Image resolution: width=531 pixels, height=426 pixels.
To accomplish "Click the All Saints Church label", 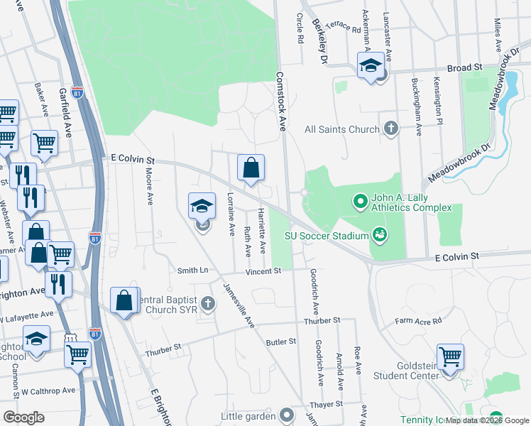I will click(342, 129).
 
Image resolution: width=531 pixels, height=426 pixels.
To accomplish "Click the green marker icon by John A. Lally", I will click(361, 202).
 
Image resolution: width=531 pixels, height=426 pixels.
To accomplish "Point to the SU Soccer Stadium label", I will click(325, 236).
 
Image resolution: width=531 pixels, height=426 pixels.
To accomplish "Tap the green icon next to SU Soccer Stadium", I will click(379, 235).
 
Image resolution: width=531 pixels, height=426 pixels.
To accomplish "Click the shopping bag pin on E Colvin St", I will click(251, 168).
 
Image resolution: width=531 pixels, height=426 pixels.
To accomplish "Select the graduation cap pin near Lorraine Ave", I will click(202, 207).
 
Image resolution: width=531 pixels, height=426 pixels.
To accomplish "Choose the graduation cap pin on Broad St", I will click(370, 65).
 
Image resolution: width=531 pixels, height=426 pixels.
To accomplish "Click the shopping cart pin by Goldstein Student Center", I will click(450, 356).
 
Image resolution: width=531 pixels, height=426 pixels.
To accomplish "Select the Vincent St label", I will click(263, 271).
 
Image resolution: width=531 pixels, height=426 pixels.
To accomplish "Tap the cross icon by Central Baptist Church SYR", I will click(209, 305).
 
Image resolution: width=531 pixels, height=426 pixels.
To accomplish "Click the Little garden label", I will click(248, 415).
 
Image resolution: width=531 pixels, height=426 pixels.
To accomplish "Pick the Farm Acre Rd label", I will click(419, 320).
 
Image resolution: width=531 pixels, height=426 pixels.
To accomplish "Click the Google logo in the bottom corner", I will click(23, 417).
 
